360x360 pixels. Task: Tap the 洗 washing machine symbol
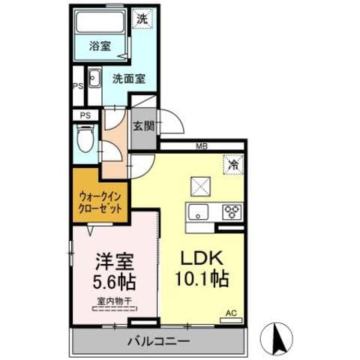142,20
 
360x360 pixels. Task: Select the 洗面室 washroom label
127,76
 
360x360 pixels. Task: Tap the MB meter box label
202,145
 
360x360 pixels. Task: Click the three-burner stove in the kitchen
232,211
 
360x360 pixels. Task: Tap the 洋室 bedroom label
114,263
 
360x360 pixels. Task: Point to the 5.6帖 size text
114,284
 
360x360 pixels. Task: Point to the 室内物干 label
114,301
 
